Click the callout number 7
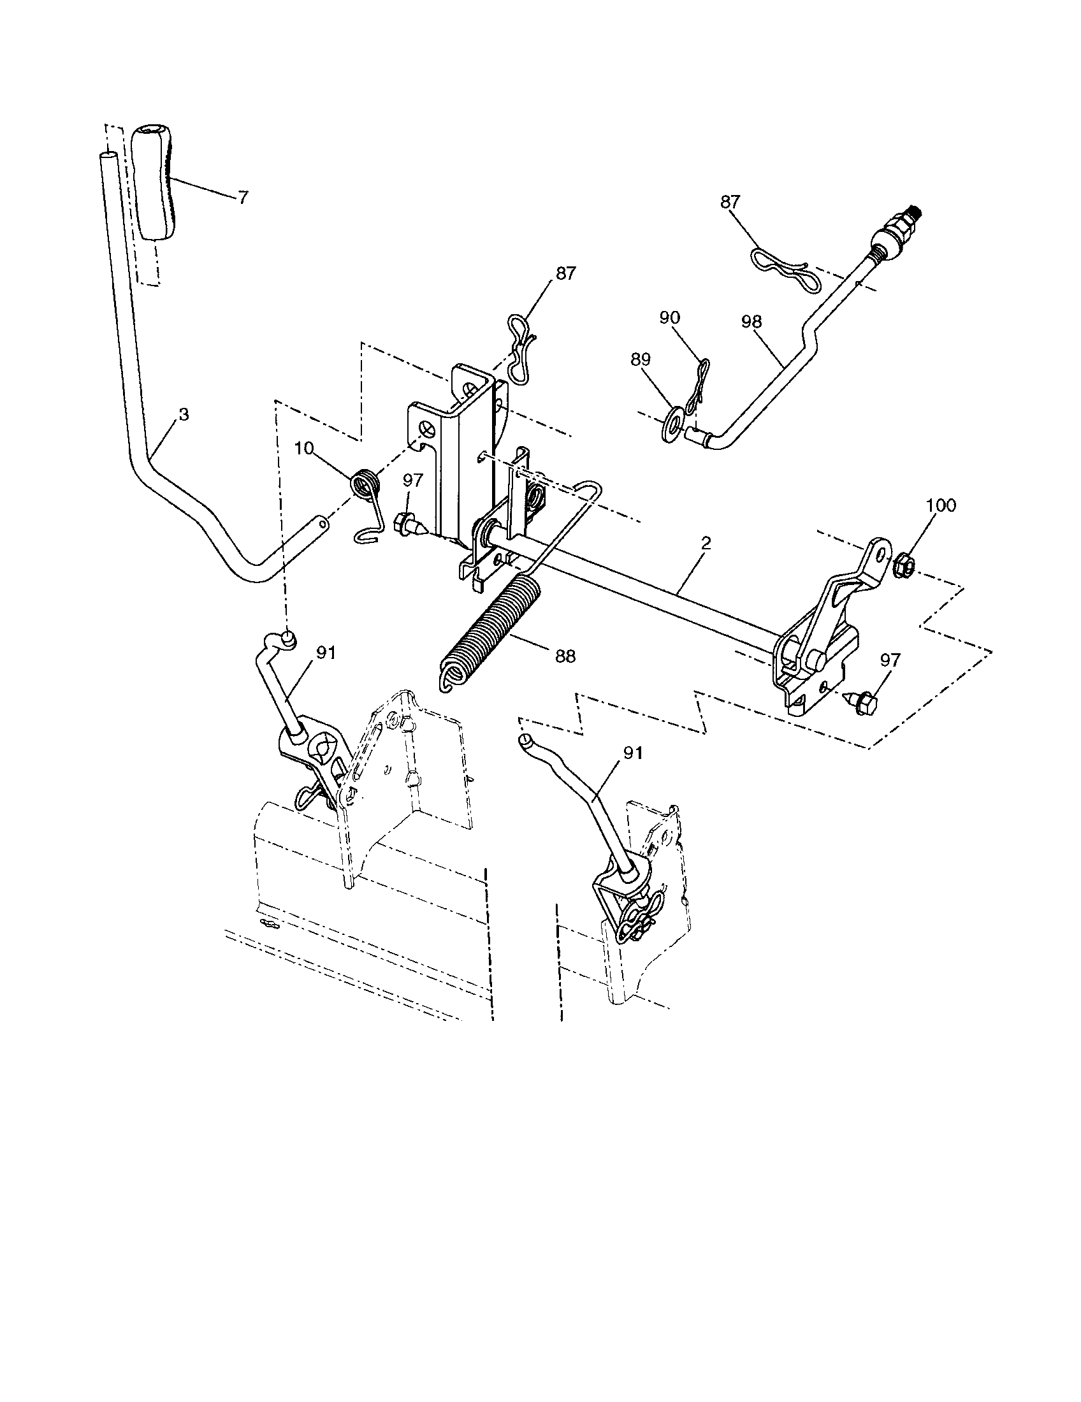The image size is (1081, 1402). click(x=242, y=198)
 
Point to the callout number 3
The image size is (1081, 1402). click(x=184, y=415)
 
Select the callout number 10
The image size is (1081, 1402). click(x=305, y=448)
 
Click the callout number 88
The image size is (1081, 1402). click(x=565, y=656)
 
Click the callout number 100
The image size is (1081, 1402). click(x=941, y=505)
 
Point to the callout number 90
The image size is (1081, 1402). click(x=669, y=318)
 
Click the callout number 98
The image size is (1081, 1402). click(x=751, y=322)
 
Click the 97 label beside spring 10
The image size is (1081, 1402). click(x=414, y=480)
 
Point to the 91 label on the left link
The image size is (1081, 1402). click(x=326, y=652)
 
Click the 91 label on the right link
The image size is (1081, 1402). click(x=633, y=753)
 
